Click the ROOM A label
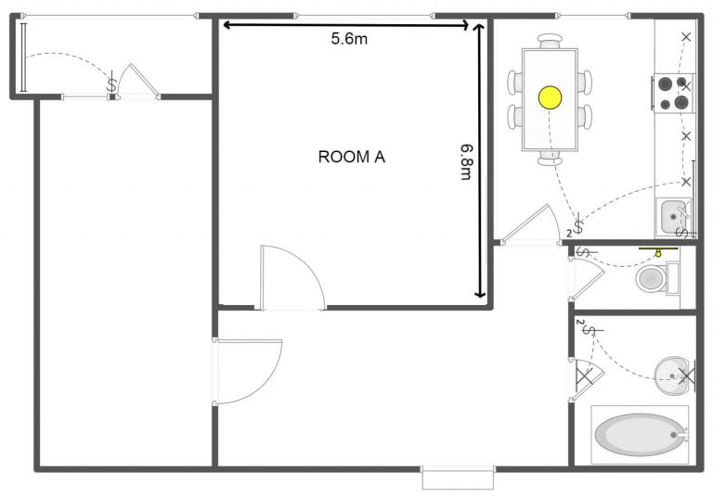coord(351,157)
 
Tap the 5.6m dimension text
coord(350,39)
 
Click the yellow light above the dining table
coord(550,96)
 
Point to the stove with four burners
coord(673,93)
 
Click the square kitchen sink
coord(672,218)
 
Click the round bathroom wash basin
coord(670,373)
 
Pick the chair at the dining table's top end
coord(550,41)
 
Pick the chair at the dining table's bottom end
coord(550,159)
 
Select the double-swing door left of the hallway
coord(247,371)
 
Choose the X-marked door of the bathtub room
coord(585,378)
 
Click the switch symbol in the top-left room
coord(112,83)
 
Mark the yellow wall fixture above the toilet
coord(657,250)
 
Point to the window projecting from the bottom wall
coord(457,478)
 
